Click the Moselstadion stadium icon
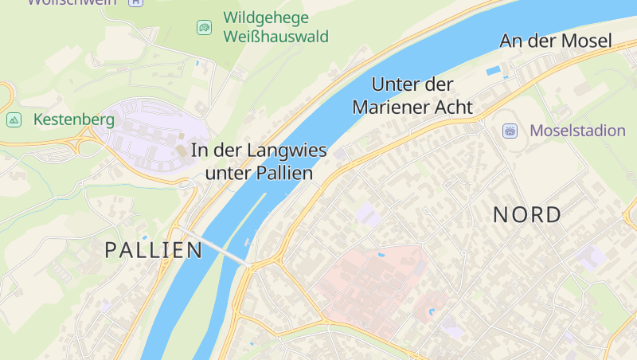coord(510,131)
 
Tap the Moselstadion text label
coord(578,131)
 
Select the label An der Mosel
coord(555,41)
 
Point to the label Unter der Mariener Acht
coord(412,96)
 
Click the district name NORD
coord(527,215)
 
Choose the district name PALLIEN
coord(154,250)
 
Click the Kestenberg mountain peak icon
coord(14,120)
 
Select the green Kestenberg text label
coord(74,120)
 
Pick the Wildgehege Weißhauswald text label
coord(276,27)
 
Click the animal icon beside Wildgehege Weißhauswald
coord(205,28)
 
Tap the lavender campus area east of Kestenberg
coord(155,135)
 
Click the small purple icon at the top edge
coord(135,2)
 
